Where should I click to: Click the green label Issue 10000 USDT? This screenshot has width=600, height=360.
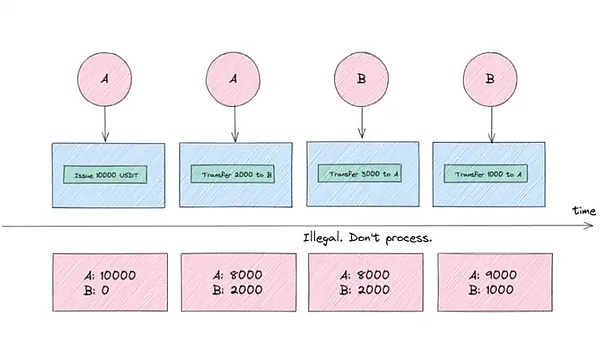pos(107,174)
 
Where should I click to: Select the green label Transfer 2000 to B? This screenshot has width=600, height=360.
pos(235,174)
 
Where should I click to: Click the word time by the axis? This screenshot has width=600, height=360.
pos(585,212)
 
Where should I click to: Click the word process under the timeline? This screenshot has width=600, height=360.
pos(411,240)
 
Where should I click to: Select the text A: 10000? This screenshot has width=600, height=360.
pos(107,274)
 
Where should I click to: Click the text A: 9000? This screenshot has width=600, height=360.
pos(489,274)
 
